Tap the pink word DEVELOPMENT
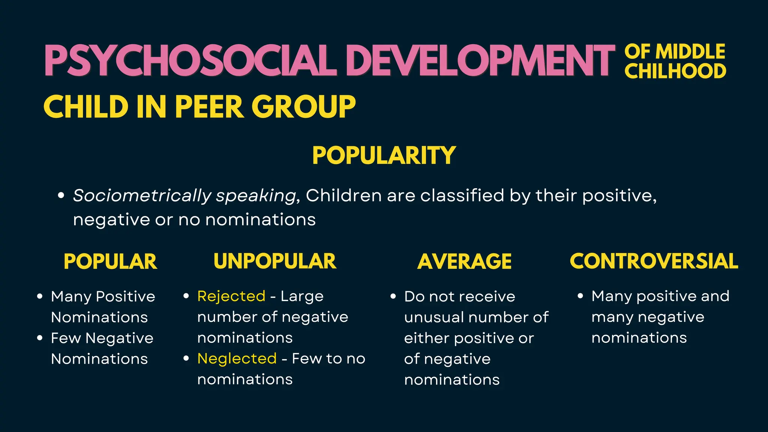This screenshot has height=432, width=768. [x=480, y=61]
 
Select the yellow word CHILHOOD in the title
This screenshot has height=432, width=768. [x=675, y=71]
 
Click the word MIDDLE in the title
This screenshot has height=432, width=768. [x=690, y=51]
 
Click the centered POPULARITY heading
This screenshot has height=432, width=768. [x=384, y=155]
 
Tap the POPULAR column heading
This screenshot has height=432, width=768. [x=110, y=261]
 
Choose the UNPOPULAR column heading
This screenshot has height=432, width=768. [x=275, y=261]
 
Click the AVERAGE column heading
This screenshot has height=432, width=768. [x=464, y=261]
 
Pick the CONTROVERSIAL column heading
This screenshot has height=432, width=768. [x=654, y=261]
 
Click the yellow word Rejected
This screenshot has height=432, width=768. [x=231, y=296]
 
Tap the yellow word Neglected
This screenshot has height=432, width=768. [x=237, y=358]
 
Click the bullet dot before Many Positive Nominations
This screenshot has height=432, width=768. [x=40, y=296]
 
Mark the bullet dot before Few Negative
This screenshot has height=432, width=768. [x=40, y=338]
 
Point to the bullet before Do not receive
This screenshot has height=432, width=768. [x=393, y=296]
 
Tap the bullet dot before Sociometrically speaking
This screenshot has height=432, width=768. [x=61, y=195]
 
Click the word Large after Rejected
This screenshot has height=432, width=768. [x=302, y=296]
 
